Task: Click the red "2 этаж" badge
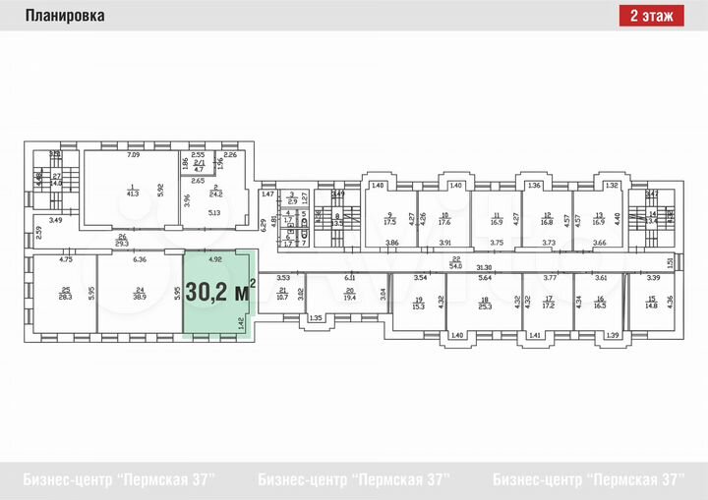(652, 16)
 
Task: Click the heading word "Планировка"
(62, 16)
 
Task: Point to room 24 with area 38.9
(140, 293)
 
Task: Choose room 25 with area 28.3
(65, 293)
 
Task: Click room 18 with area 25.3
(484, 303)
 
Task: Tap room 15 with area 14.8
(650, 303)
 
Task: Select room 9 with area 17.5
(389, 219)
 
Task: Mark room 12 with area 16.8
(547, 219)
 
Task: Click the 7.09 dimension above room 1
(133, 155)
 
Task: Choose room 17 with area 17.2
(549, 303)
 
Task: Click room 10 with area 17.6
(444, 219)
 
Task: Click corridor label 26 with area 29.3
(122, 241)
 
